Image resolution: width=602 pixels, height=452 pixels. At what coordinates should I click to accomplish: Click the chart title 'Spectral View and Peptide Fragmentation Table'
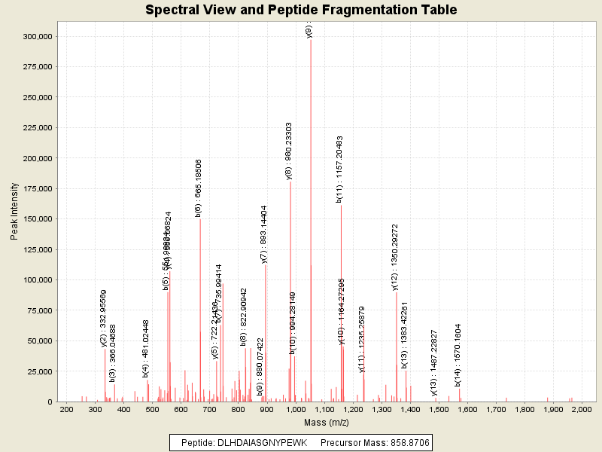tap(301, 10)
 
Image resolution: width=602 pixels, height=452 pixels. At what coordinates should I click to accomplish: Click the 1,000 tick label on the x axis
tap(295, 408)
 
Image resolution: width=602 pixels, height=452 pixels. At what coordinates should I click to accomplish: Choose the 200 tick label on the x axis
tap(66, 408)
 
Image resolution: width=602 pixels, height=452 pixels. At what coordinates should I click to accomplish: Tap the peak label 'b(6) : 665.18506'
tap(199, 188)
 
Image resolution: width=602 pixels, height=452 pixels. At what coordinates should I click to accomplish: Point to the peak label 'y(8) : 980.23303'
tap(289, 151)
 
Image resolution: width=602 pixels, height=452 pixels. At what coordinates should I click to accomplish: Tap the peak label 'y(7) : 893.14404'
tap(264, 234)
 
